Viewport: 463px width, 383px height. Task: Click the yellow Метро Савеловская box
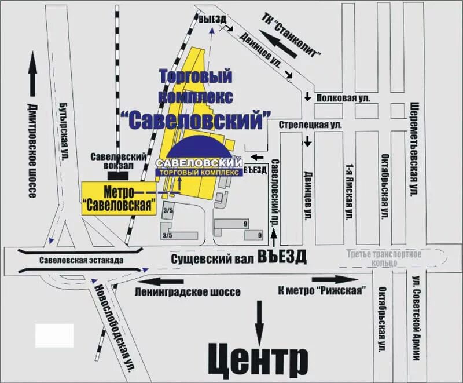pyautogui.click(x=120, y=198)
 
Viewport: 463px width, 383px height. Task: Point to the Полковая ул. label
pyautogui.click(x=343, y=99)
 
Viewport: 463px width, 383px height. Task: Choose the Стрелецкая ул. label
pyautogui.click(x=310, y=125)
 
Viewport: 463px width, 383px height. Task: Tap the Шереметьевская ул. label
pyautogui.click(x=414, y=149)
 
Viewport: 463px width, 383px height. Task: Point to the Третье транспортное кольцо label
pyautogui.click(x=384, y=258)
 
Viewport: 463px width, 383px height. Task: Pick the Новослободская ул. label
pyautogui.click(x=114, y=327)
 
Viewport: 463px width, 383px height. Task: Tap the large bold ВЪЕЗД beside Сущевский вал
pyautogui.click(x=281, y=257)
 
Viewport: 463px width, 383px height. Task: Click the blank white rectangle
pyautogui.click(x=54, y=335)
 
